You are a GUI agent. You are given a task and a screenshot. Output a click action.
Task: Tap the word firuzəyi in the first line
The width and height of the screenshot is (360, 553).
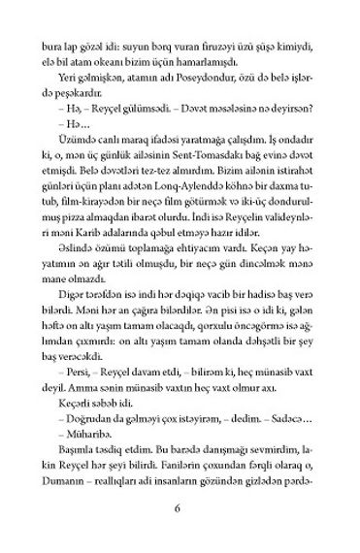point(202,45)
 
